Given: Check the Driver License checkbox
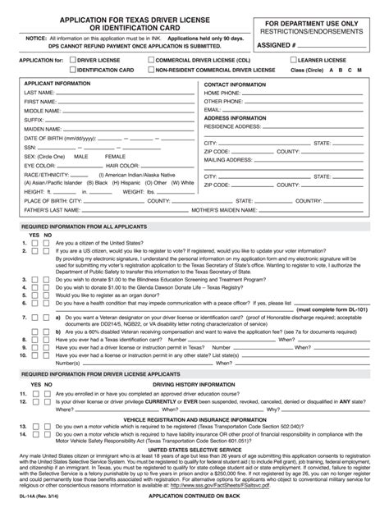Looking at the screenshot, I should click(x=70, y=61).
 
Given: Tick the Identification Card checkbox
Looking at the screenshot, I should click(x=70, y=71).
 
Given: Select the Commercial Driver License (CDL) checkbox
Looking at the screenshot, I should click(x=153, y=61).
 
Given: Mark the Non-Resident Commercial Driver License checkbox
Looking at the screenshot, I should click(x=153, y=71).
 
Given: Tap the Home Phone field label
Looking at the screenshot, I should click(x=224, y=94).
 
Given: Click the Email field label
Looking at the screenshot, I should click(x=213, y=109).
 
